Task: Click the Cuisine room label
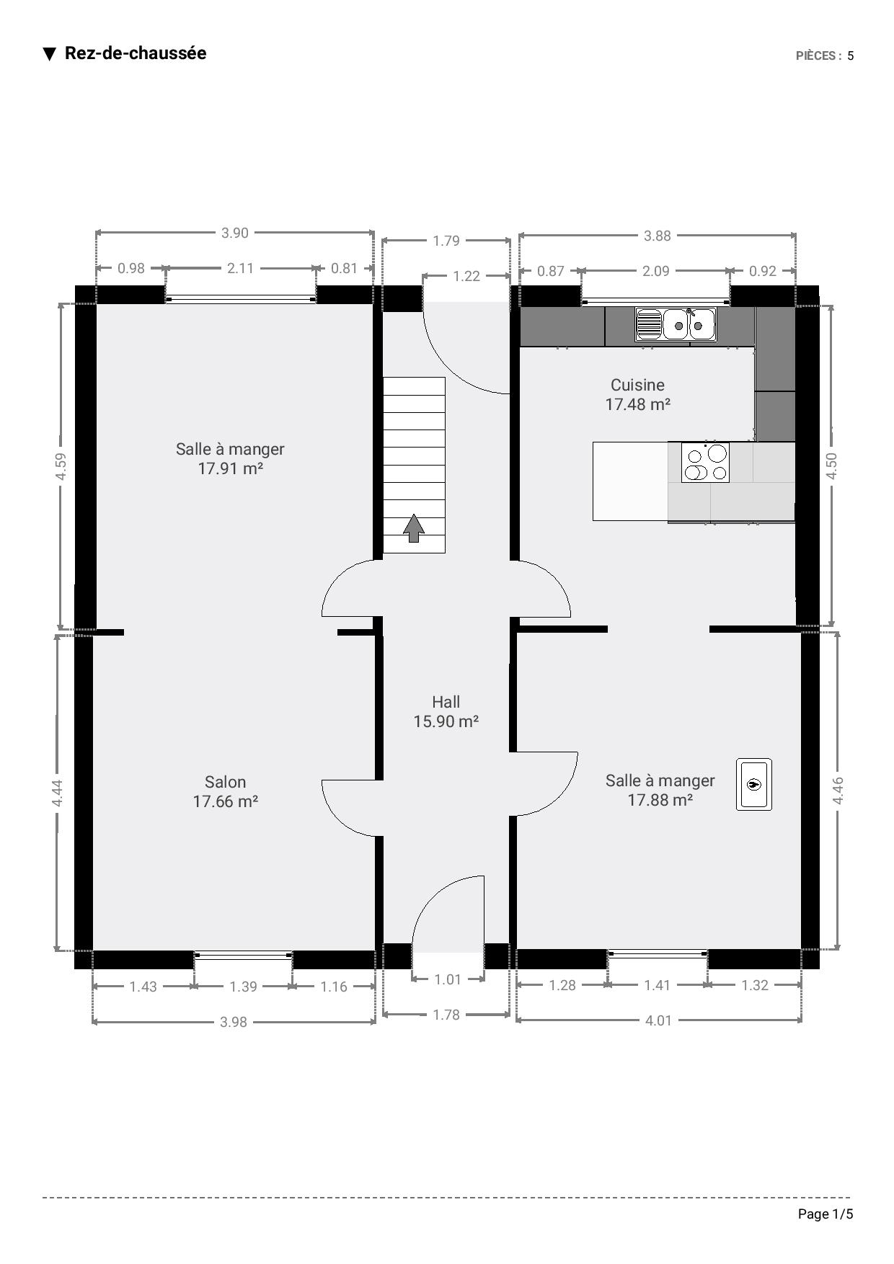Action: click(637, 385)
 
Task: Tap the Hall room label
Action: click(446, 702)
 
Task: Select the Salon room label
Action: click(225, 782)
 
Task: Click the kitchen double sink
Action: click(676, 324)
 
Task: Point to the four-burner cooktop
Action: click(705, 462)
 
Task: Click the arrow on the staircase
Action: click(413, 528)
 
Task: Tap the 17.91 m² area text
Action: click(230, 468)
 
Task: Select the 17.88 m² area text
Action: click(660, 800)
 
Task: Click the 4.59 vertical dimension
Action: click(61, 466)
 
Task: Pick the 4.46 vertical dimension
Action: click(838, 791)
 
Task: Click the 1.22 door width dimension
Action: click(466, 276)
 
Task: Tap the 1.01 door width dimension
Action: click(448, 979)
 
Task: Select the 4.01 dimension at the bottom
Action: click(658, 1020)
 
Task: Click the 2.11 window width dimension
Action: click(240, 268)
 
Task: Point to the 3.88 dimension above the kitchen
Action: click(657, 236)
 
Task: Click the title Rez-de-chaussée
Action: click(136, 53)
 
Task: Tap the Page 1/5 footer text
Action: click(826, 1214)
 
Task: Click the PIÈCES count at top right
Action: click(825, 55)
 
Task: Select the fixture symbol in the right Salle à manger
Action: click(754, 784)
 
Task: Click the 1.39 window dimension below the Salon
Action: click(243, 987)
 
